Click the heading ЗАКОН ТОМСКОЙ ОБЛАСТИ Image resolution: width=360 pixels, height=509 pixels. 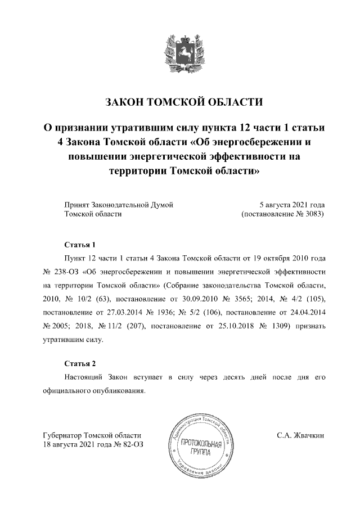pos(184,102)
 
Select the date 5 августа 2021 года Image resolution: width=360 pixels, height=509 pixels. pos(291,205)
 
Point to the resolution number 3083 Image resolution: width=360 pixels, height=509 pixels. pos(313,214)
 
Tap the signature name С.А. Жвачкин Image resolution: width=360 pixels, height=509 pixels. pos(300,436)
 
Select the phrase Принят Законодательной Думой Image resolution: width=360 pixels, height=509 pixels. pos(119,205)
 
